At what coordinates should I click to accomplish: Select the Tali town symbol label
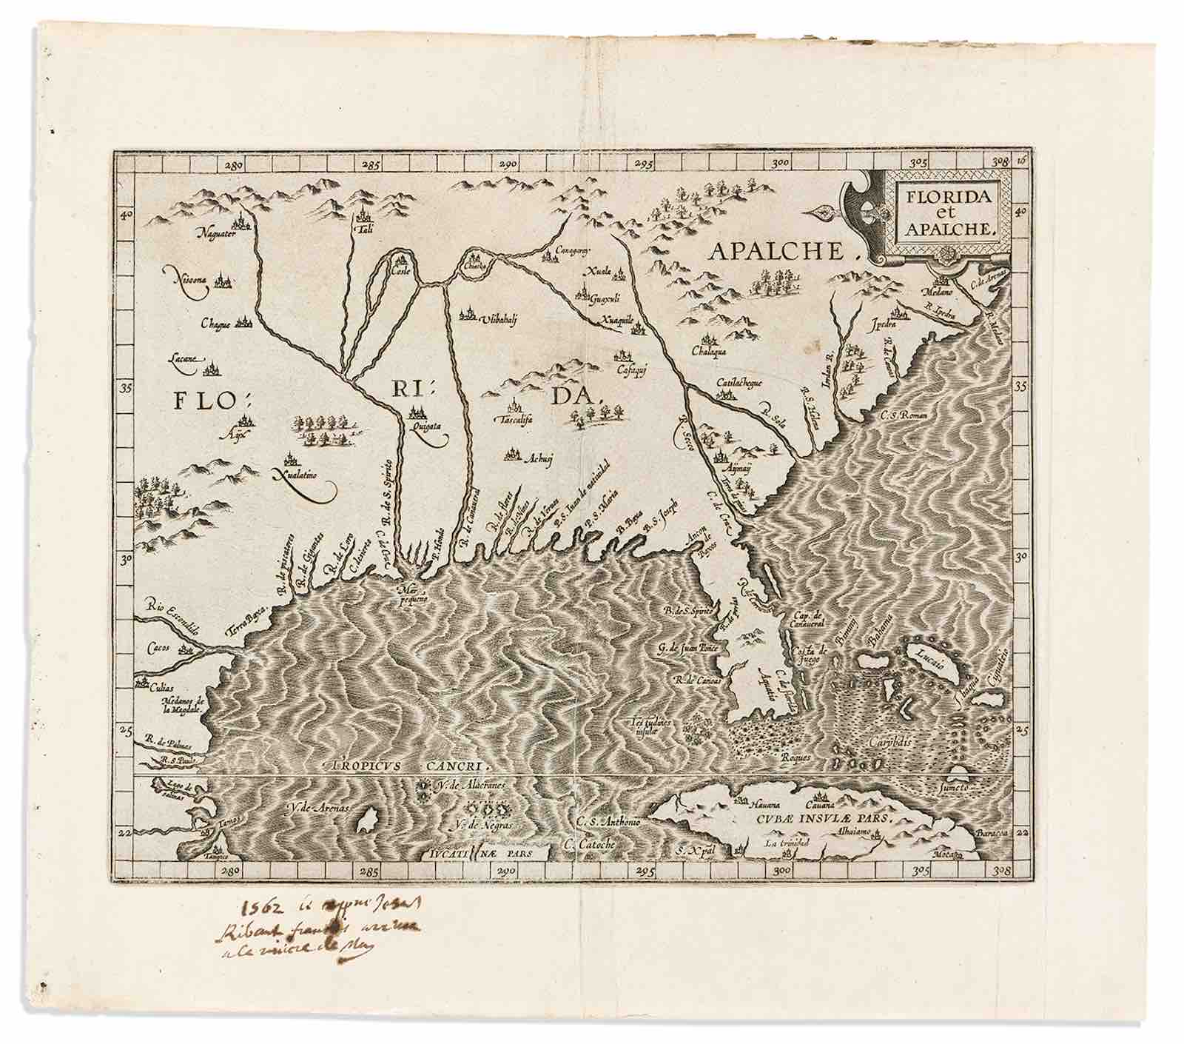tap(363, 230)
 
